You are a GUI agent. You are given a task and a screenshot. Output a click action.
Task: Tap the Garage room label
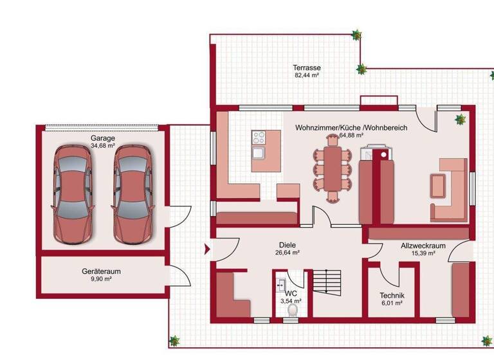coord(102,138)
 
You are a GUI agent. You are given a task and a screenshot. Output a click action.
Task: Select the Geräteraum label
coord(101,271)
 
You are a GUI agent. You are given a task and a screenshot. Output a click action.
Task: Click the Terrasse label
coord(307,67)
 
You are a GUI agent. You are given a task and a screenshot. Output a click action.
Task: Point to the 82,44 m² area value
coord(307,75)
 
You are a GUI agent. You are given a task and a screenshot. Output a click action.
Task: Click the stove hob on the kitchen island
coord(260,137)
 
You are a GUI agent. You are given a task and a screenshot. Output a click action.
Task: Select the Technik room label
coord(391,296)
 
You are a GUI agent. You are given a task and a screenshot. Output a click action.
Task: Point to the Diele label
coord(287,245)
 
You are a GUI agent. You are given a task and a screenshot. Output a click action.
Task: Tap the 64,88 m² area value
coord(351,136)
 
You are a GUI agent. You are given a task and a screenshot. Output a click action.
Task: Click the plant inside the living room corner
coord(460,119)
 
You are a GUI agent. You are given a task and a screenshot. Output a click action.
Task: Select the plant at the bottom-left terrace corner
coord(174,340)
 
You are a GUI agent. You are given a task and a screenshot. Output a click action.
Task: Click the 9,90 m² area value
coord(101,279)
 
